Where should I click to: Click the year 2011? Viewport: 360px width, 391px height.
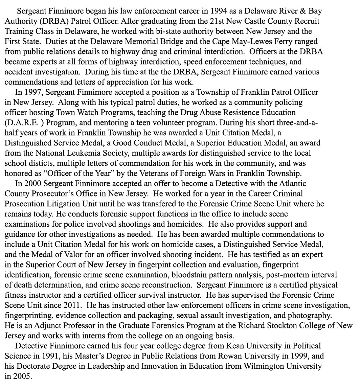coord(72,305)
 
